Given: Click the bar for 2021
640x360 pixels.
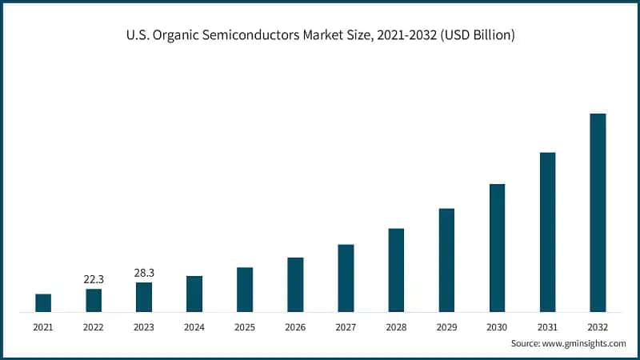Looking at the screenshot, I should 43,302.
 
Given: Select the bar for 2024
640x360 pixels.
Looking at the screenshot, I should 194,294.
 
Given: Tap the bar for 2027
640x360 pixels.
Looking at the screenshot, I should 346,278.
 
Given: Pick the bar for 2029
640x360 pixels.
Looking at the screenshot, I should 446,260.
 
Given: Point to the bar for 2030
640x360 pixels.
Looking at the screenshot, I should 497,247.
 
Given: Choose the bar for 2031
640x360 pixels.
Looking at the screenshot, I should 547,231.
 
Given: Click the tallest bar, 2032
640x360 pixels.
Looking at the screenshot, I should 598,212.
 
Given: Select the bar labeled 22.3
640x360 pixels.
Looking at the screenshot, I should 94,300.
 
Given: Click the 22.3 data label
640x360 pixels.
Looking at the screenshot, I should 94,279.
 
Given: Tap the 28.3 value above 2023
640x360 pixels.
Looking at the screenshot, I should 144,273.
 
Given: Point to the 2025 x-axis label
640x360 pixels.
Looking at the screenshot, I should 245,326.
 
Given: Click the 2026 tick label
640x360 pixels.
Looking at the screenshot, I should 295,326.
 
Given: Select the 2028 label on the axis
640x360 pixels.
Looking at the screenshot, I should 396,326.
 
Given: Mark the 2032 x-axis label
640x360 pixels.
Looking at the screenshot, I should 598,326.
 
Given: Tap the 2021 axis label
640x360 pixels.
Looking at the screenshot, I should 43,326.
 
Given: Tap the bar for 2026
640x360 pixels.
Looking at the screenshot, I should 295,284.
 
